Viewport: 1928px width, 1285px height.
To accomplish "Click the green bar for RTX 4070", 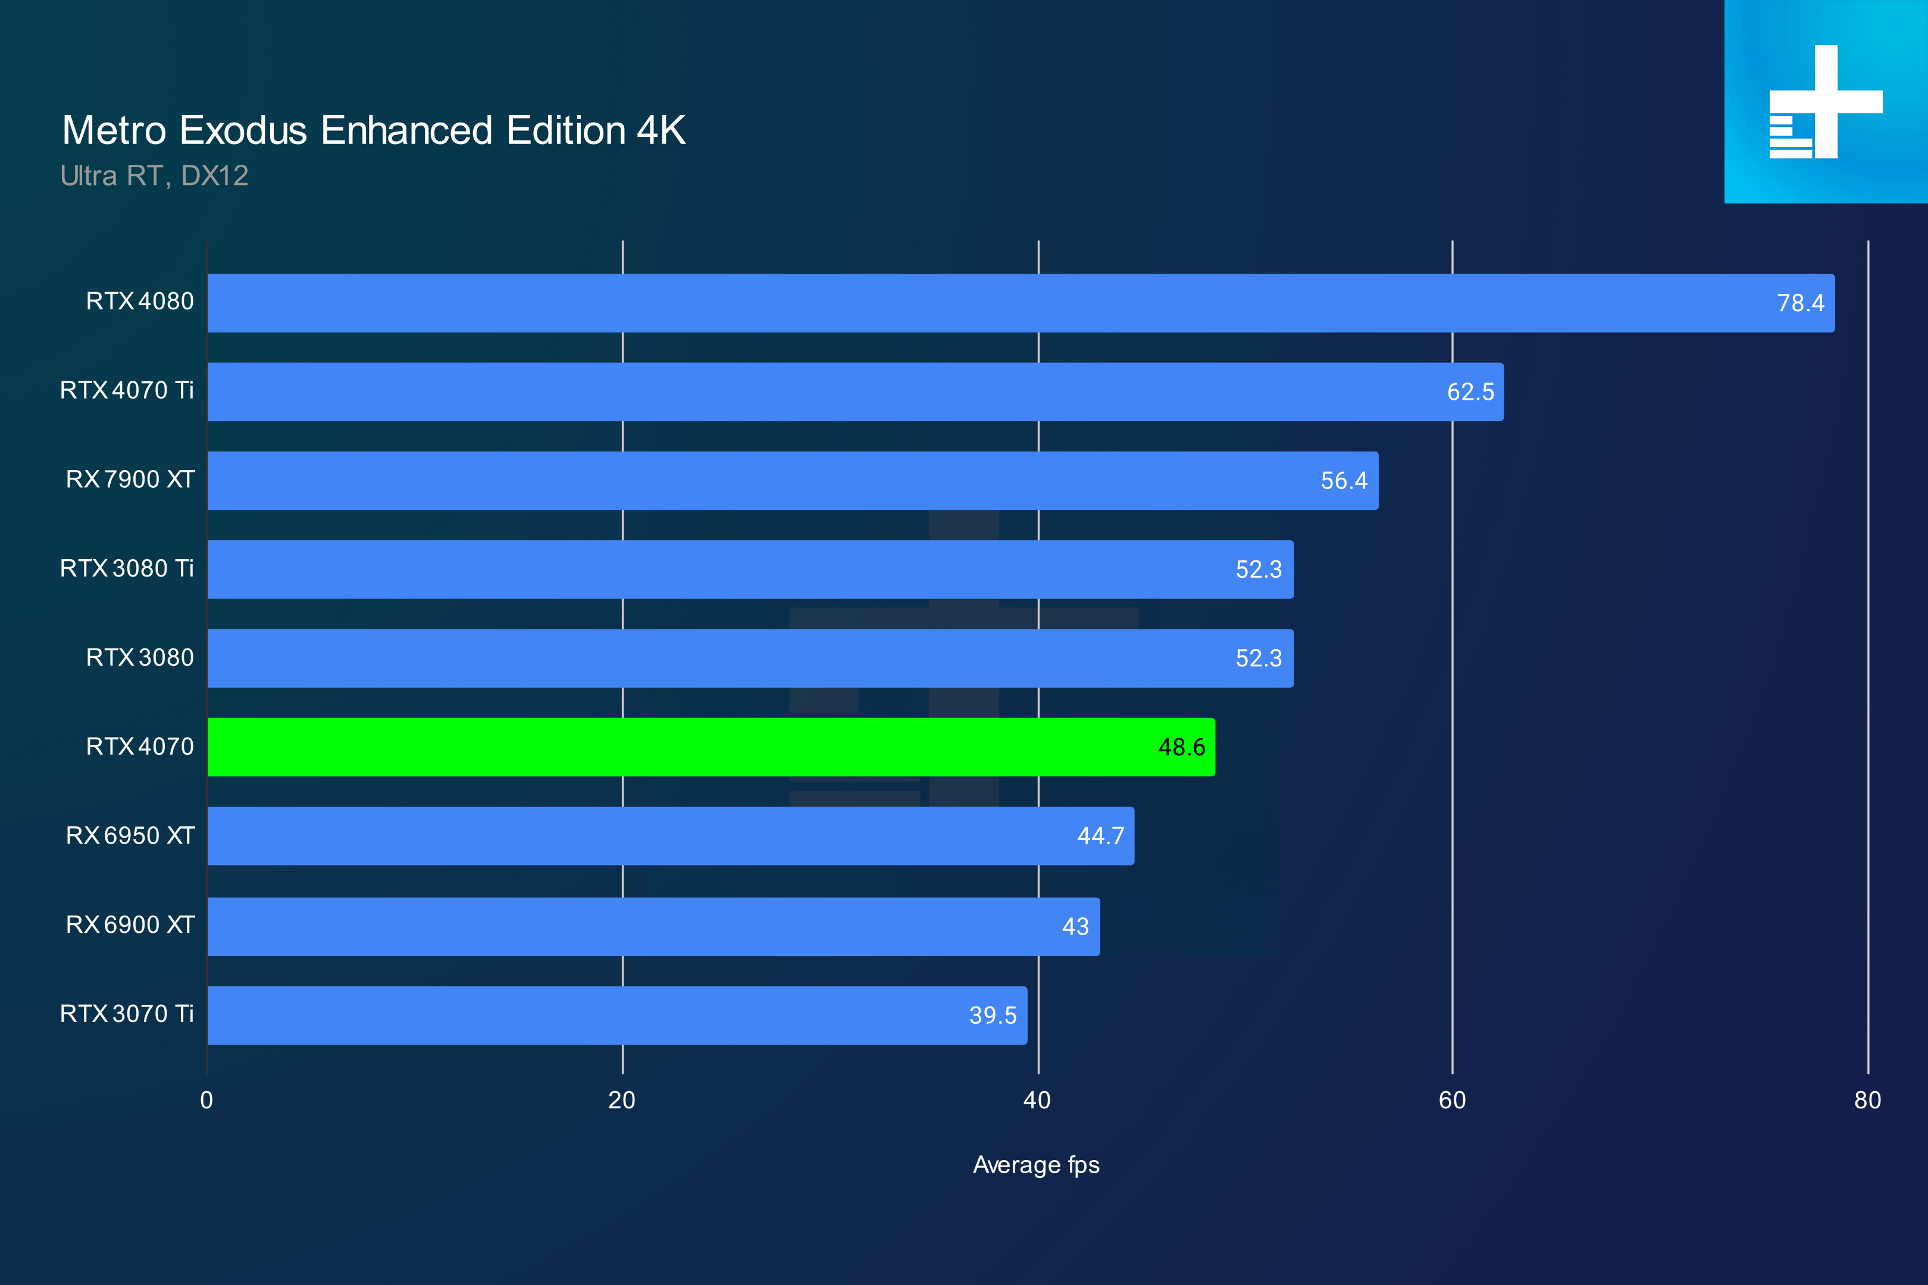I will pos(711,747).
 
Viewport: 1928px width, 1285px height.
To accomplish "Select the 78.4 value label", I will pos(1800,303).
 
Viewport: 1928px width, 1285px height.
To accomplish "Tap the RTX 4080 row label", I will pos(139,302).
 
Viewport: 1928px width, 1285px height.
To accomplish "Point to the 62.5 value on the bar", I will pos(1470,391).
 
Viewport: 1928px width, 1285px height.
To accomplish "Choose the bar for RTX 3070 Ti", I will pos(616,1016).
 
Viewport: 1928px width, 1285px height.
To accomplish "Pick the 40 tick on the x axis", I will pos(1037,1101).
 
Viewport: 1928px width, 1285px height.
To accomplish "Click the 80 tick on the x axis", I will pos(1867,1101).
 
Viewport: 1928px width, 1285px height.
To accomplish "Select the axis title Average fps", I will pos(1036,1165).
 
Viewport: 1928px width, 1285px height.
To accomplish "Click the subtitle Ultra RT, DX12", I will pos(154,175).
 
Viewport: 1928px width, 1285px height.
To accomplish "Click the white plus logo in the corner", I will pos(1826,102).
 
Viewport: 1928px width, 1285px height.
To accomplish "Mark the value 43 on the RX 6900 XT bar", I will pos(1075,927).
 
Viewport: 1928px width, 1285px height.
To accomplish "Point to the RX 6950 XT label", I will pos(130,836).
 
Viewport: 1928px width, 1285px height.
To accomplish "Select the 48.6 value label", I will pos(1181,747).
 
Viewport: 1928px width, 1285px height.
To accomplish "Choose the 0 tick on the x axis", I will pos(206,1101).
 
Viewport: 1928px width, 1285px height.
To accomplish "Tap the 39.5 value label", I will pos(993,1016).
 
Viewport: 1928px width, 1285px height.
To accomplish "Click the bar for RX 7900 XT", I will pos(793,480).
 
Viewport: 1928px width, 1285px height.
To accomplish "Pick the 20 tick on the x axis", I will pos(621,1101).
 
